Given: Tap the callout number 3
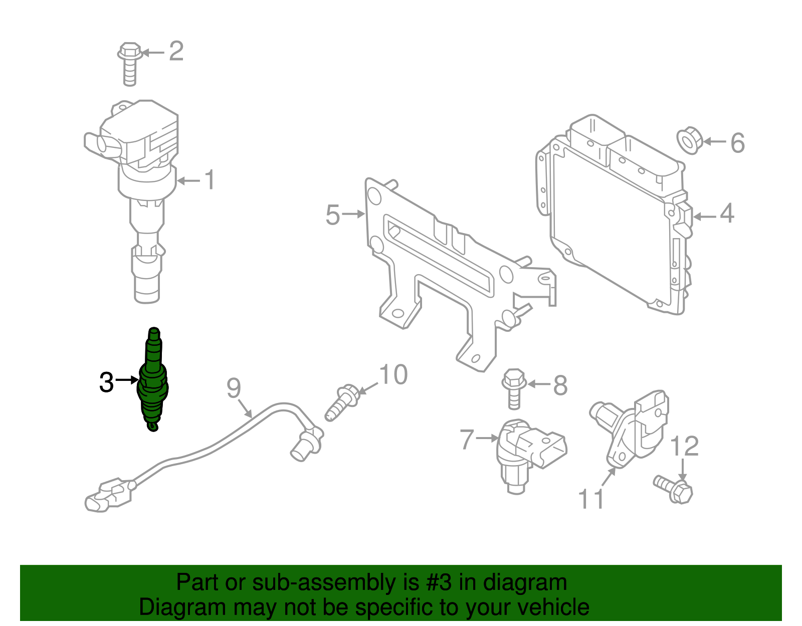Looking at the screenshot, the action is (x=106, y=382).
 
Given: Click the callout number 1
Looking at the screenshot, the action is (x=210, y=180).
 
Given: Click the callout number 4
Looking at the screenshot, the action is (x=727, y=214).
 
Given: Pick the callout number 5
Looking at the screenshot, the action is (x=333, y=215).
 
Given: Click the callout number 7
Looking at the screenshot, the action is (x=467, y=440).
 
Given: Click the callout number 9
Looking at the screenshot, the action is (x=234, y=388).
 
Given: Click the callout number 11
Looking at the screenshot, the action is (x=591, y=499).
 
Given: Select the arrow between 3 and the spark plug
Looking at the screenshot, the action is (x=126, y=380).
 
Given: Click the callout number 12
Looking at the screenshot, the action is (x=684, y=446).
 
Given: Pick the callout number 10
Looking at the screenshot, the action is (x=393, y=375).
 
